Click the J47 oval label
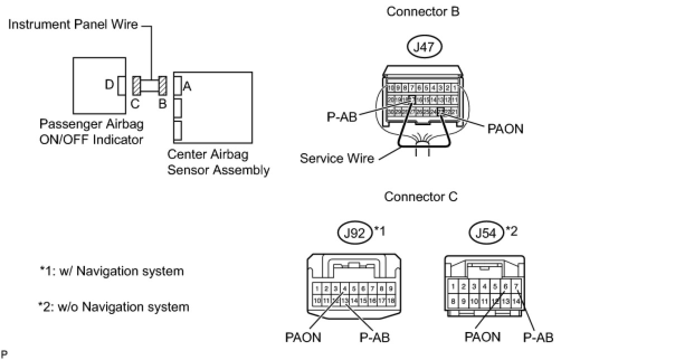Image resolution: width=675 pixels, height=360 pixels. point(424,48)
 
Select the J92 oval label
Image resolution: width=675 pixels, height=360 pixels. point(355,232)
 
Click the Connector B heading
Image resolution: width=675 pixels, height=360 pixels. point(423,12)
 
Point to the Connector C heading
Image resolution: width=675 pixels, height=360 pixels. point(421,197)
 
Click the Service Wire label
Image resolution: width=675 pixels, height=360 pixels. point(336,158)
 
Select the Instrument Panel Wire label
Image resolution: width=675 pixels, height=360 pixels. point(73,25)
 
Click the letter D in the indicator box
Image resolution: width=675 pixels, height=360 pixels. point(109,85)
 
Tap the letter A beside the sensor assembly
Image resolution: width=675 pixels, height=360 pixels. point(187,86)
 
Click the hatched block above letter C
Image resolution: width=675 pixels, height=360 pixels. point(136,86)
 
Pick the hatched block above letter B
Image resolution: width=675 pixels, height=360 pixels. point(163,86)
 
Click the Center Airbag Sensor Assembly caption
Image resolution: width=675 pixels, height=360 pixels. point(218,162)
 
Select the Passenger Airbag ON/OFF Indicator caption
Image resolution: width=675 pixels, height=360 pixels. point(91,131)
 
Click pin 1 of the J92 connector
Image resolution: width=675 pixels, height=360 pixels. point(317,289)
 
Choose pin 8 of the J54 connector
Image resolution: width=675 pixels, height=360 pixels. point(453,301)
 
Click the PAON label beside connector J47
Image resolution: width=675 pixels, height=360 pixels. point(505,129)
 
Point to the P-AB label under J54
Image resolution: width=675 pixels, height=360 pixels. point(538,337)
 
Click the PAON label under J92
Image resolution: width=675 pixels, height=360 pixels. point(303,337)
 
